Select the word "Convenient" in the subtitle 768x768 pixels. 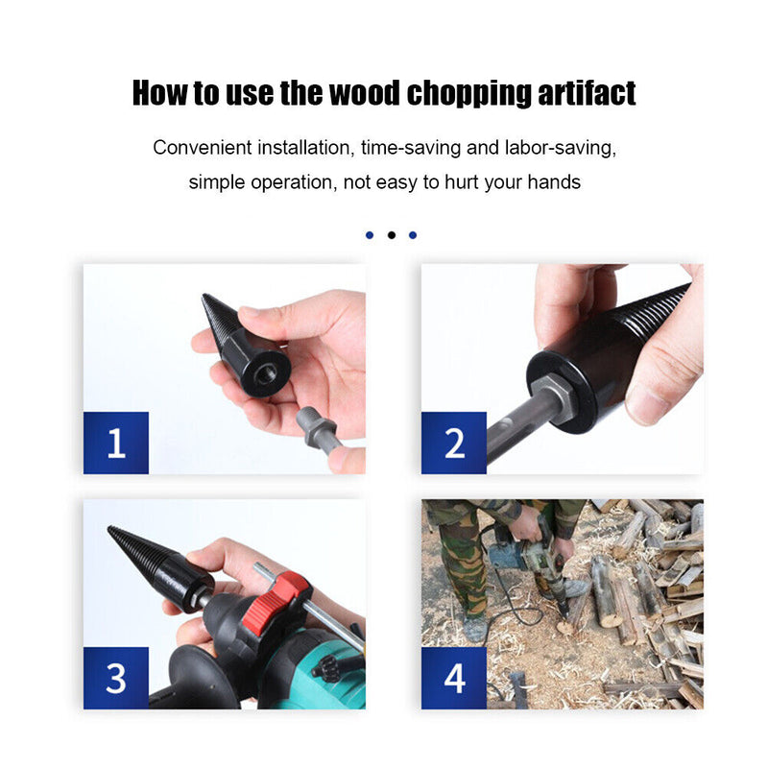tap(203, 148)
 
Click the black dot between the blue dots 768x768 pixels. tap(392, 235)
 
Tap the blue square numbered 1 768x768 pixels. tap(116, 443)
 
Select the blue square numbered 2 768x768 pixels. tap(454, 443)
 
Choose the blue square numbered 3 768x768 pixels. tap(116, 678)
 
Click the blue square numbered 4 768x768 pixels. tap(454, 678)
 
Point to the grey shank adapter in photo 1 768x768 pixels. tap(316, 427)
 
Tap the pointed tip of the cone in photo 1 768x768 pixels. tap(204, 296)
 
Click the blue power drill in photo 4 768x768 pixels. tap(519, 555)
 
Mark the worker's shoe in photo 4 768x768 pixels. tap(473, 628)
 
